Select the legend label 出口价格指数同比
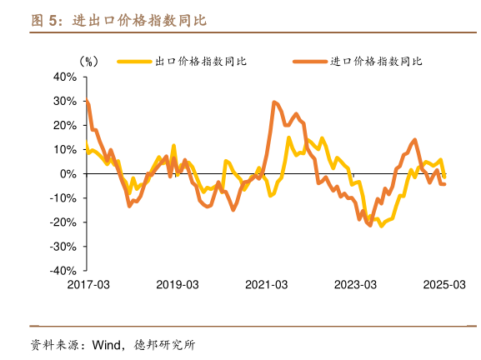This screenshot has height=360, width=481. tap(200, 61)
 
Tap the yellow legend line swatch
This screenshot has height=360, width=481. tap(133, 61)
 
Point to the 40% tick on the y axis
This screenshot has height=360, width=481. tap(65, 77)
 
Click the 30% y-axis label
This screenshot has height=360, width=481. tap(65, 101)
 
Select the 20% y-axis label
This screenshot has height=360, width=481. tap(65, 125)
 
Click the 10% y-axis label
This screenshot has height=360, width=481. tap(65, 149)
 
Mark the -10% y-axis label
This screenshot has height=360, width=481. tap(63, 198)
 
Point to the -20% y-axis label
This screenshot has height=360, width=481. tap(63, 222)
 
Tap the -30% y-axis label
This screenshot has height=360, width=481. tap(63, 247)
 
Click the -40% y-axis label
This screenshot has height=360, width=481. tap(63, 271)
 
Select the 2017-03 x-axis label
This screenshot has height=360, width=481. tap(88, 284)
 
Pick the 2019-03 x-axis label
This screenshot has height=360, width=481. tap(178, 284)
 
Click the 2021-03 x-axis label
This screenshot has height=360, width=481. tap(267, 284)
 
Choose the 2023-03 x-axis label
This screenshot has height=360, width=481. tap(356, 284)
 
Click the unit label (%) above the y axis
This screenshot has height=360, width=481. tap(89, 62)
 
